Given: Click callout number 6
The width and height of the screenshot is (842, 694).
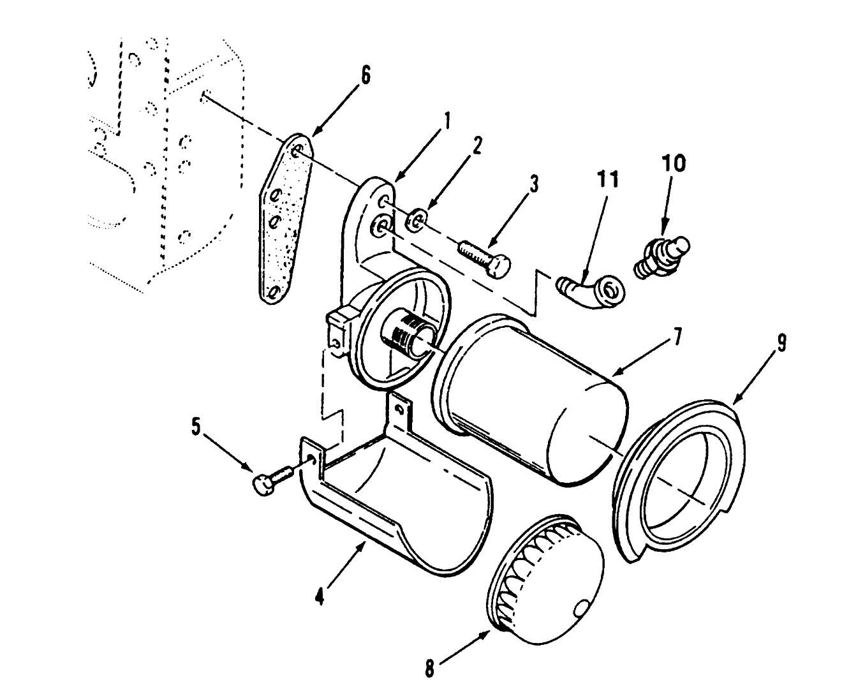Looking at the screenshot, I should click(x=365, y=75).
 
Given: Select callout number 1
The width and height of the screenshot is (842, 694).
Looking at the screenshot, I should click(x=447, y=120).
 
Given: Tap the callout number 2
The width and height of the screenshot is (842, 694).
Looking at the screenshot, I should click(x=476, y=147).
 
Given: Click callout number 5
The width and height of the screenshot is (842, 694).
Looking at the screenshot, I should click(x=196, y=426).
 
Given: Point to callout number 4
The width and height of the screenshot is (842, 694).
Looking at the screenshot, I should click(x=321, y=598).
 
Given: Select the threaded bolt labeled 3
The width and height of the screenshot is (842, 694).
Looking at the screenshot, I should click(x=485, y=257).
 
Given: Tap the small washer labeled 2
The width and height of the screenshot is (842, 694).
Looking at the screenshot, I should click(x=416, y=221).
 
